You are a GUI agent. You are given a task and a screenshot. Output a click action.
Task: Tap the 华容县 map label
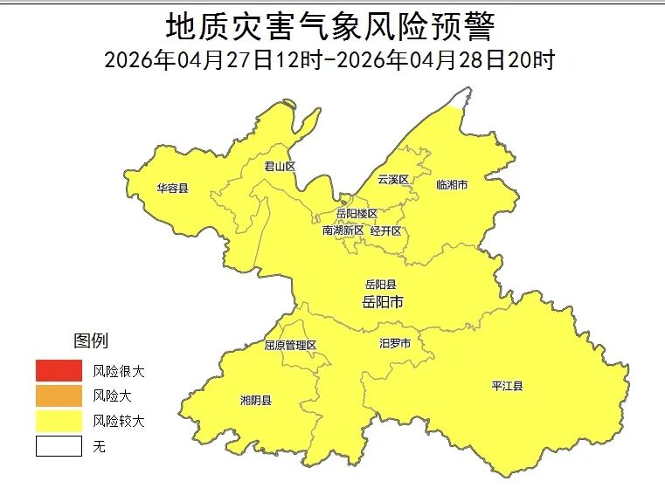[172, 188]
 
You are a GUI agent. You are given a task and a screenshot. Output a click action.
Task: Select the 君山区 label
[281, 166]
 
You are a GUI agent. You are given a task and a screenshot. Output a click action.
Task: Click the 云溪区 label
[393, 179]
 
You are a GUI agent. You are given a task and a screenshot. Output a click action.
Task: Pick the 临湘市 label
[452, 185]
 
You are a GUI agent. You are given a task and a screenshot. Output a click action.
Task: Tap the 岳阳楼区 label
[357, 214]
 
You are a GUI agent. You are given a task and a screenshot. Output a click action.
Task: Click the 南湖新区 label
[343, 230]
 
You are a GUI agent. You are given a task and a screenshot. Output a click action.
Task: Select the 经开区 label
[385, 230]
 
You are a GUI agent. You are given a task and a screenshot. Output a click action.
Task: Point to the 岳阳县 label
[381, 285]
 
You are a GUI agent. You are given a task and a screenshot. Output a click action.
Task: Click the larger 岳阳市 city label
[382, 302]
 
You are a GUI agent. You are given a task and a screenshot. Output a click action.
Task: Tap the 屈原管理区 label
[290, 345]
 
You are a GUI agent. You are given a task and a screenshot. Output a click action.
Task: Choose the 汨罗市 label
[395, 344]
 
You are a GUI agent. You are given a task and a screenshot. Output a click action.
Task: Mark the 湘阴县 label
[255, 401]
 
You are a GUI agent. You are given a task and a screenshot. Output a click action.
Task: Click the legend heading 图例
[91, 340]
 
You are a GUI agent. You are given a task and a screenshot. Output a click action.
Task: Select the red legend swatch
[59, 371]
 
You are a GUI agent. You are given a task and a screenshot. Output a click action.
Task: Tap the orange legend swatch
[59, 396]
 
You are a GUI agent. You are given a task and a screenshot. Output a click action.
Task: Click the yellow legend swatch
[59, 422]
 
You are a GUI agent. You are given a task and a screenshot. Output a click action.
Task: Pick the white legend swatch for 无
[59, 447]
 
